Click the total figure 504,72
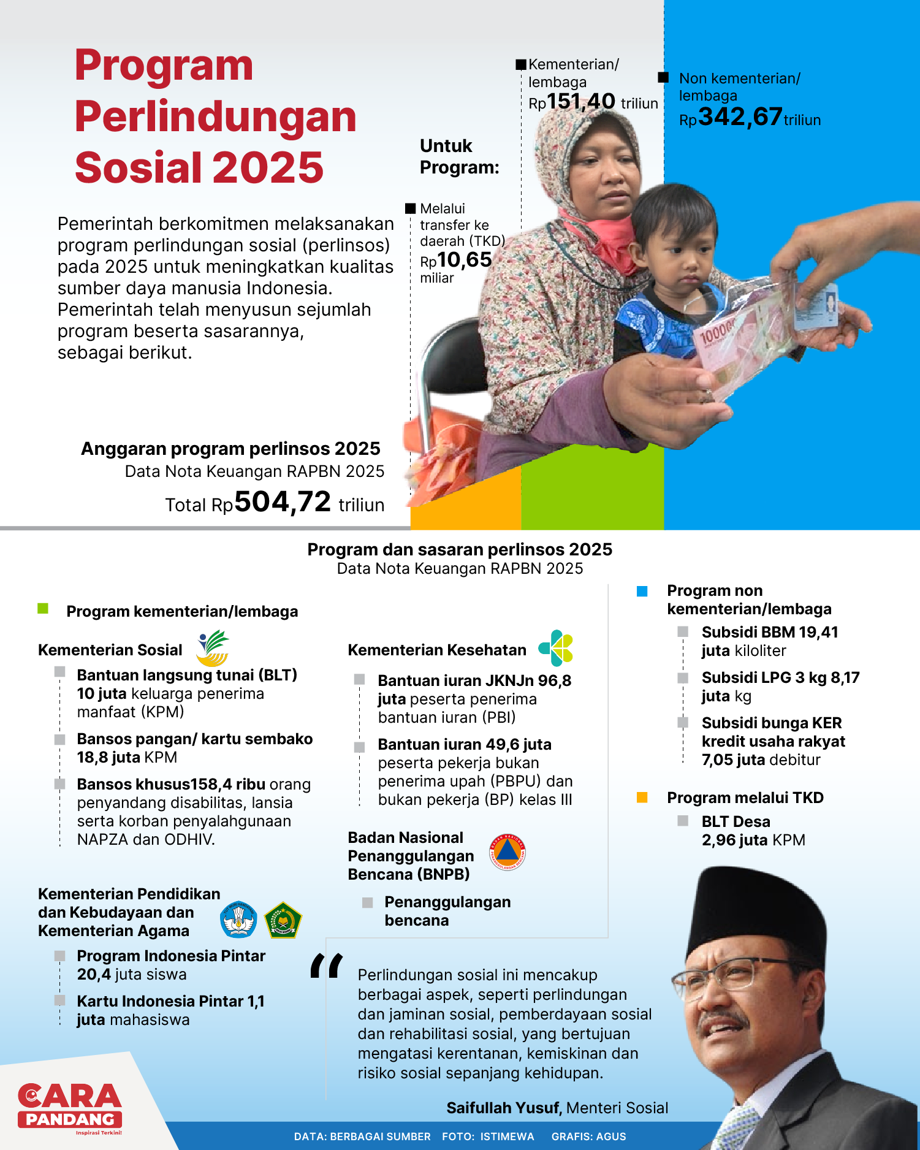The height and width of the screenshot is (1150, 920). point(283,502)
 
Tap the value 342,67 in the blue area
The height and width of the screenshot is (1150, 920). point(740,116)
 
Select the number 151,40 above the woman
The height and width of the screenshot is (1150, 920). point(580,101)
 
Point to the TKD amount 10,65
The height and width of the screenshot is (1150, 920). point(464,260)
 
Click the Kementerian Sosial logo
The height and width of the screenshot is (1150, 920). point(213,648)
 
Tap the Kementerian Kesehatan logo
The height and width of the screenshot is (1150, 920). point(556,648)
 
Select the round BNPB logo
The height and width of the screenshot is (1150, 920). point(508,852)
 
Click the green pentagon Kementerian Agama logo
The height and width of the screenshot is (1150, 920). point(283,920)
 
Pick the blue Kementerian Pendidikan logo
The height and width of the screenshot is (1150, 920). point(238,920)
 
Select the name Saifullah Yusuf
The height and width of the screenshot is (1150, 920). point(503,1108)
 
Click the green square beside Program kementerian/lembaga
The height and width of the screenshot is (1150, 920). point(43,609)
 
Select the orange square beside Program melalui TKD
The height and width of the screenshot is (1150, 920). point(642,798)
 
